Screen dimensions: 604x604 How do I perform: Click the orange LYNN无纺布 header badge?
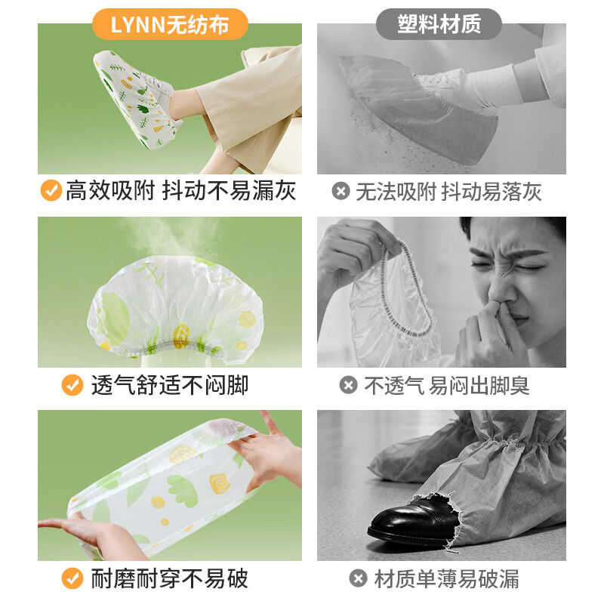coord(170,25)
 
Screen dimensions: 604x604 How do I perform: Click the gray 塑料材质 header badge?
coord(439,24)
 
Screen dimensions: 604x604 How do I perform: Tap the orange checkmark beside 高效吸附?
coord(51,191)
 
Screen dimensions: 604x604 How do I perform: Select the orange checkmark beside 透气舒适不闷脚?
coord(72,385)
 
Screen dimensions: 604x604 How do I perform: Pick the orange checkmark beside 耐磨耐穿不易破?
coord(72,579)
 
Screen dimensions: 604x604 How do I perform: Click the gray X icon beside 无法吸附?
coord(341,191)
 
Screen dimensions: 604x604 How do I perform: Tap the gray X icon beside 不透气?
coord(348,386)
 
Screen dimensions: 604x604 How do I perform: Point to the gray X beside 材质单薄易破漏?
coord(359,579)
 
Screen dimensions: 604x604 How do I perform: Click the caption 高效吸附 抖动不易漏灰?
coord(180,191)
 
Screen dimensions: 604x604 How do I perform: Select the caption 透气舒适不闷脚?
coord(169,385)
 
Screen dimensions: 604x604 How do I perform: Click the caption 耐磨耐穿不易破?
coord(169,579)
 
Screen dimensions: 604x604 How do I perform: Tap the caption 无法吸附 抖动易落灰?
coord(448,191)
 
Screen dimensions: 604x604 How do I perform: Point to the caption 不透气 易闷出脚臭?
coord(447,386)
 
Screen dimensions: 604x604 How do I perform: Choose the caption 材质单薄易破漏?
coord(446,579)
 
